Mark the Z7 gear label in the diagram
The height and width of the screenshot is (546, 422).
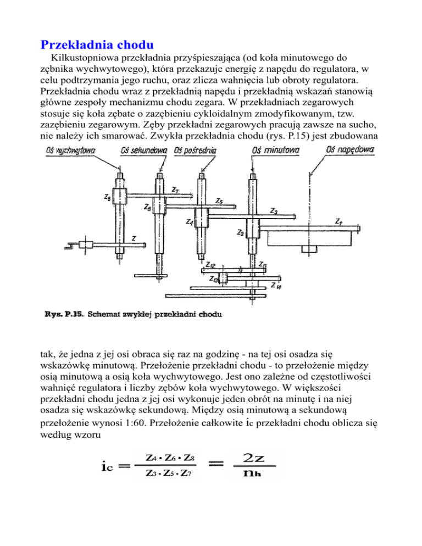[x=174, y=190]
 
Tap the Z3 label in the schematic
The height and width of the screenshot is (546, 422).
[x=273, y=210]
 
